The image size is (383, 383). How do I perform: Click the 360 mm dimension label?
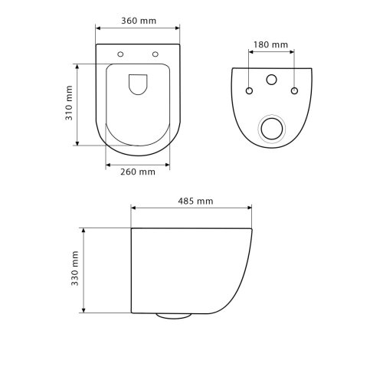pos(139,21)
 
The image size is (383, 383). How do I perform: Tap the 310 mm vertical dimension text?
pos(69,103)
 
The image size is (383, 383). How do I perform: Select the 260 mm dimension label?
pos(138,172)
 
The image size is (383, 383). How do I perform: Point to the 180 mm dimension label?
pos(270,44)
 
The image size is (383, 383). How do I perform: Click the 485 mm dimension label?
pos(195,201)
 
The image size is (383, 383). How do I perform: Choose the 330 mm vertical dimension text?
pos(74,268)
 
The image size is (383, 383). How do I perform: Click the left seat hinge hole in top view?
pos(120,54)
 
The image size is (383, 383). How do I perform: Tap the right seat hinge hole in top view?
pos(155,54)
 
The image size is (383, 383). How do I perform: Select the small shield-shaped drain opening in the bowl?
pos(138,84)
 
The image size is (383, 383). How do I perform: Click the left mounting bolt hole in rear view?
pos(249,90)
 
